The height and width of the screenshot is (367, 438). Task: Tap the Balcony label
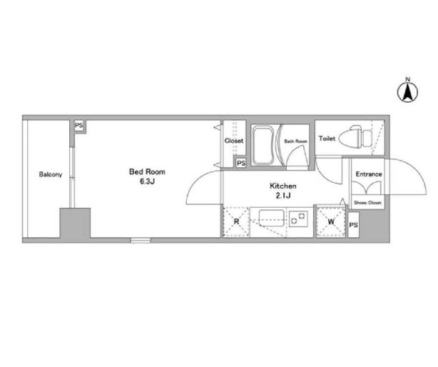coord(51,175)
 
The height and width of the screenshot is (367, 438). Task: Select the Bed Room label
coord(147,171)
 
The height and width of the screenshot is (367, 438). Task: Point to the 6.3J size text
coord(147,181)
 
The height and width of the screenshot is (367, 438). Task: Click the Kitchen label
coord(283,186)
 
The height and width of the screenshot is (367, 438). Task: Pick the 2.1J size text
coord(283,196)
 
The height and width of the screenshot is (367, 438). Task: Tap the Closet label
coord(234,141)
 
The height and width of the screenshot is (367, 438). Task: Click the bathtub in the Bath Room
coord(263,145)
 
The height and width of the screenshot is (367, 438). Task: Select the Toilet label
coord(327,139)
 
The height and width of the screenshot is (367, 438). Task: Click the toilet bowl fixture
coord(355,137)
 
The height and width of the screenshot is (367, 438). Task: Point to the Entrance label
coord(369,174)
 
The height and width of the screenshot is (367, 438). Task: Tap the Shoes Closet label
coord(367,203)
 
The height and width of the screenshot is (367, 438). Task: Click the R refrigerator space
coord(236,222)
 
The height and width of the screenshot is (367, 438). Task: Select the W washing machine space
coord(331,222)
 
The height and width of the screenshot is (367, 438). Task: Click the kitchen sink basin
coord(272,218)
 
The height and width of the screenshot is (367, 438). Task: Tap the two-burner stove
coord(298,218)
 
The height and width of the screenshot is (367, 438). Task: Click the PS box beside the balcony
coord(79,126)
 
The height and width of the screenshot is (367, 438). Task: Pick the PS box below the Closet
coord(241,163)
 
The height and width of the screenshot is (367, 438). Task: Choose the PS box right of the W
coord(353,225)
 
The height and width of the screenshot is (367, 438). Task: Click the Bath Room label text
coord(295,141)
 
